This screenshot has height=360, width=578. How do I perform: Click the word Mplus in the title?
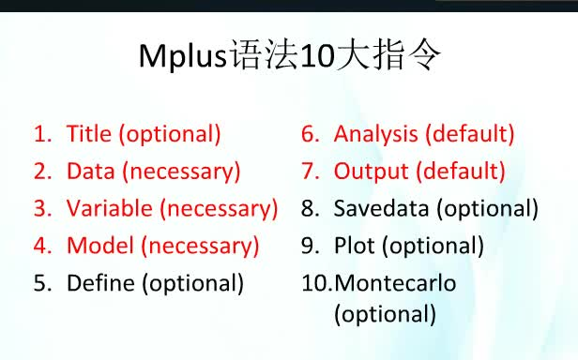click(183, 57)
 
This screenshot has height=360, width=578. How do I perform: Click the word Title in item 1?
click(89, 134)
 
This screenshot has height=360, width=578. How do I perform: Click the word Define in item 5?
click(99, 283)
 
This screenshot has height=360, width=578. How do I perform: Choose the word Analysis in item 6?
click(375, 134)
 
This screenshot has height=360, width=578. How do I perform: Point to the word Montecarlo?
click(395, 283)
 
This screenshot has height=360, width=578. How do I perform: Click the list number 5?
click(41, 283)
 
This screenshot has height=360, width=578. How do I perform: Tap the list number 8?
click(310, 208)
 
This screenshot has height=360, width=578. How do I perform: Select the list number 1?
click(40, 134)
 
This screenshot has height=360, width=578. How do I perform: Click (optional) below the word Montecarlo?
click(385, 314)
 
